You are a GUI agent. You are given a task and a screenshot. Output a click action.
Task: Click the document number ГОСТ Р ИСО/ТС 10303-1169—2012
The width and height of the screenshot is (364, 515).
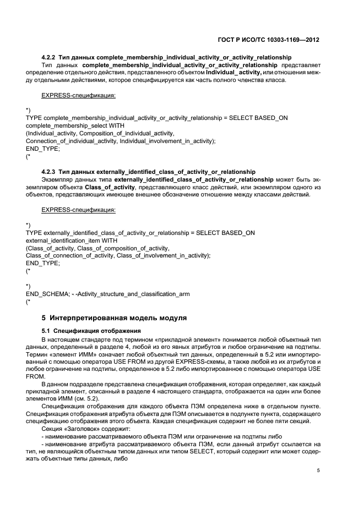pos(268,40)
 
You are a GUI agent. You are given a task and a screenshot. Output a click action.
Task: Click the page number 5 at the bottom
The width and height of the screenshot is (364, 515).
pos(319,470)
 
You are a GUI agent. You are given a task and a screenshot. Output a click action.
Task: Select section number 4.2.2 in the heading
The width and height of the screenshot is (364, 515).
pos(49,58)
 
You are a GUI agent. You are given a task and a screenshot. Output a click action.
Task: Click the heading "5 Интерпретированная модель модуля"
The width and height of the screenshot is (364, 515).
pos(115,318)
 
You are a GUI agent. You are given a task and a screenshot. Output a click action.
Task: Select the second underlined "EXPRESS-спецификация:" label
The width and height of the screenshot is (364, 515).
pos(79,210)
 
